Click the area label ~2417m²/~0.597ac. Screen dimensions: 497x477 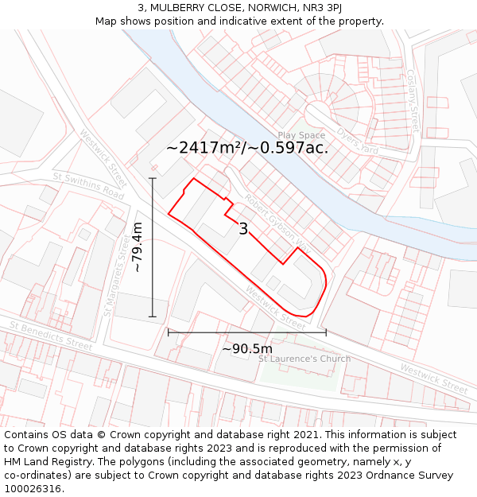click(247, 148)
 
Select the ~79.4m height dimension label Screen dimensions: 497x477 click(138, 247)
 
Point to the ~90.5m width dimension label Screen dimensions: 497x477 click(246, 348)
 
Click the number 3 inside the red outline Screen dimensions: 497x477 click(243, 229)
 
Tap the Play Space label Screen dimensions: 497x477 click(301, 135)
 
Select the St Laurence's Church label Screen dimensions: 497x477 click(304, 359)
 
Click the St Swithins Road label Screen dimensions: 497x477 click(89, 184)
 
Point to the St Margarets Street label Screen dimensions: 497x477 click(116, 274)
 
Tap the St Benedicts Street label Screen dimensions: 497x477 click(51, 335)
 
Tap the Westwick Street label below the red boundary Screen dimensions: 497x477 click(276, 309)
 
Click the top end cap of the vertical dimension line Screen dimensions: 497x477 click(152, 178)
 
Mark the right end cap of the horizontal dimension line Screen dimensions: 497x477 click(326, 332)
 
